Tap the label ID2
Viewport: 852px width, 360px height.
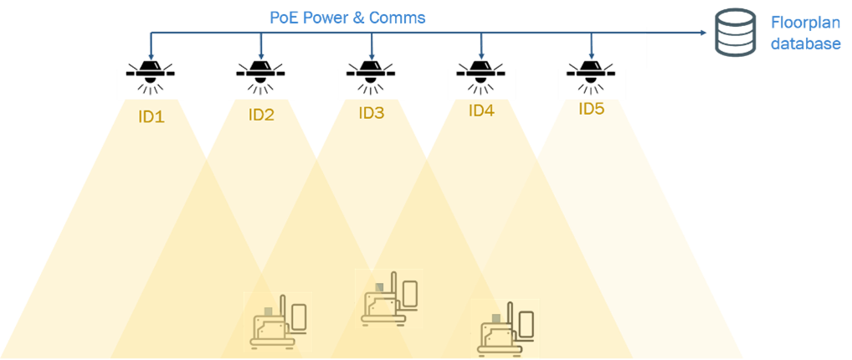coord(261,115)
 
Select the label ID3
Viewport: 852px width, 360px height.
coord(371,112)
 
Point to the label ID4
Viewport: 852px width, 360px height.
coord(481,110)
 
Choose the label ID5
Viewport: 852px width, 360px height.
coord(591,108)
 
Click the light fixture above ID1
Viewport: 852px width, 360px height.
coord(151,74)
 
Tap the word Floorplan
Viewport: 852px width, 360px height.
coord(805,26)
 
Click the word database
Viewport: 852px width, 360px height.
coord(805,44)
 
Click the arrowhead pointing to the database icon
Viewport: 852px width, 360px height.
coord(701,33)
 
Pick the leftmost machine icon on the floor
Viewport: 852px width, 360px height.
coord(277,321)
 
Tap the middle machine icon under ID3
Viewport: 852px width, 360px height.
coord(389,298)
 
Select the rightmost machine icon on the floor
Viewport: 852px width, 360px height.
coord(505,328)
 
